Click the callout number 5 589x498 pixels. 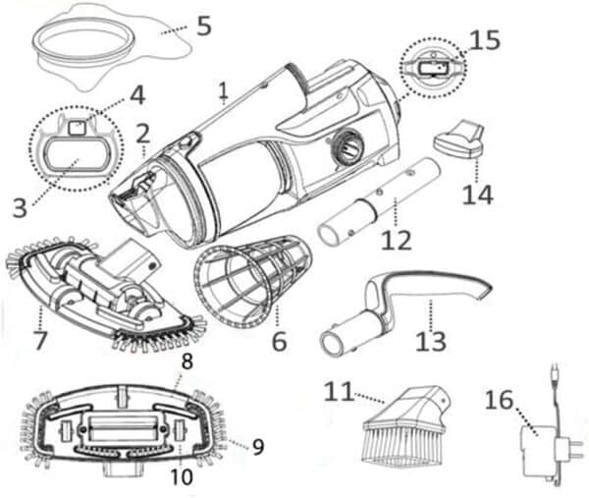point(203,25)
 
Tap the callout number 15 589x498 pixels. point(484,40)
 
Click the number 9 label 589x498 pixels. point(258,447)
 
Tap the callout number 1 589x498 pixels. point(224,92)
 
